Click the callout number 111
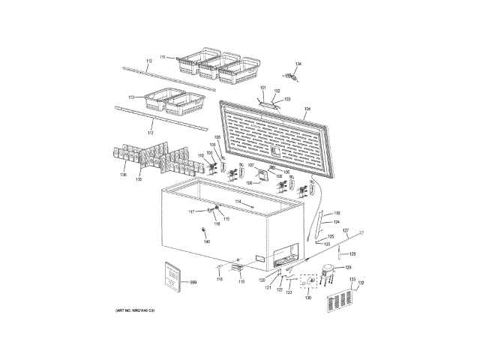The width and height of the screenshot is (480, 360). tap(161, 57)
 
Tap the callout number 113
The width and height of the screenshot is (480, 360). tap(131, 97)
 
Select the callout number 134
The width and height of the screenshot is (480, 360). tap(297, 64)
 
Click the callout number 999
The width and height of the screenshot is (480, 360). tap(193, 282)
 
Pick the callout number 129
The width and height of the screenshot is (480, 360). tap(347, 267)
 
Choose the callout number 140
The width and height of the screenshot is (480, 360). tap(207, 241)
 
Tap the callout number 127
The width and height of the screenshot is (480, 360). tap(346, 230)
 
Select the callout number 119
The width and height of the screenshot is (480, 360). tap(241, 282)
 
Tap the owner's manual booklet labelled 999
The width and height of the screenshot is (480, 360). tap(172, 278)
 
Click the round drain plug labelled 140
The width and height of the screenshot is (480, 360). tap(204, 230)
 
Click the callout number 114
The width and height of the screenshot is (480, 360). tap(238, 202)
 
